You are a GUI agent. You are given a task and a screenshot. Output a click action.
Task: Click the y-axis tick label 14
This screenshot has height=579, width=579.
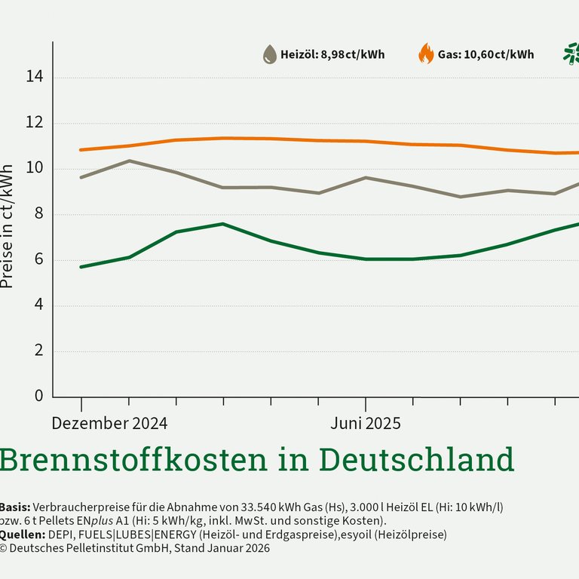pyautogui.click(x=35, y=77)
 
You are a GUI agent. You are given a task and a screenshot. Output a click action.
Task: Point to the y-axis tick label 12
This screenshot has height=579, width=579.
pyautogui.click(x=35, y=123)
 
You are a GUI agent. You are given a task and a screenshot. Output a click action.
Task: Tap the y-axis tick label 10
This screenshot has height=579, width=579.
pyautogui.click(x=35, y=169)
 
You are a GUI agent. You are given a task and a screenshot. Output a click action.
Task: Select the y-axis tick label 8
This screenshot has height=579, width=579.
pyautogui.click(x=38, y=215)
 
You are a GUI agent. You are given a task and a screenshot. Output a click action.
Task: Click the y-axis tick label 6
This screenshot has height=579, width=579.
pyautogui.click(x=38, y=260)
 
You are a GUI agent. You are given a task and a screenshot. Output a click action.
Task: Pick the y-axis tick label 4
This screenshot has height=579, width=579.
pyautogui.click(x=38, y=306)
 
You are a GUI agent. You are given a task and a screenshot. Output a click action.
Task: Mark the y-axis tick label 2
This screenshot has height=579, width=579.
pyautogui.click(x=38, y=351)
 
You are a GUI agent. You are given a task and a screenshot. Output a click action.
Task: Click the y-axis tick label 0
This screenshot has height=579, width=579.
pyautogui.click(x=38, y=397)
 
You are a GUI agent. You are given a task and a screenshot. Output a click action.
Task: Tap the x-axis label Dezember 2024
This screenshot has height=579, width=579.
pyautogui.click(x=109, y=424)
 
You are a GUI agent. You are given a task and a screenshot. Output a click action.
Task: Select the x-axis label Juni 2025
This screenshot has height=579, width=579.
pyautogui.click(x=366, y=424)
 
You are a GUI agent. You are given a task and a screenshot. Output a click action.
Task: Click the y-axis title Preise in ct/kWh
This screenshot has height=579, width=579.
pyautogui.click(x=8, y=226)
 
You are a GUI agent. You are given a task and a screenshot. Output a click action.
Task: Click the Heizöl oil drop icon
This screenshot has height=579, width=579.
pyautogui.click(x=269, y=54)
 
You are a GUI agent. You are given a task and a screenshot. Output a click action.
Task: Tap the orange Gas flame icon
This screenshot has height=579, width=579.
pyautogui.click(x=426, y=54)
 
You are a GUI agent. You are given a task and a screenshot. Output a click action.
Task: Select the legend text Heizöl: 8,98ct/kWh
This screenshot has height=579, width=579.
pyautogui.click(x=332, y=54)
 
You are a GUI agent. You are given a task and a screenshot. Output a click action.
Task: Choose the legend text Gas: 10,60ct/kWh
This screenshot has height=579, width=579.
pyautogui.click(x=486, y=54)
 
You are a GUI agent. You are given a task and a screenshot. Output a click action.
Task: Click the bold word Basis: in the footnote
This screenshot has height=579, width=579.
pyautogui.click(x=14, y=507)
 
